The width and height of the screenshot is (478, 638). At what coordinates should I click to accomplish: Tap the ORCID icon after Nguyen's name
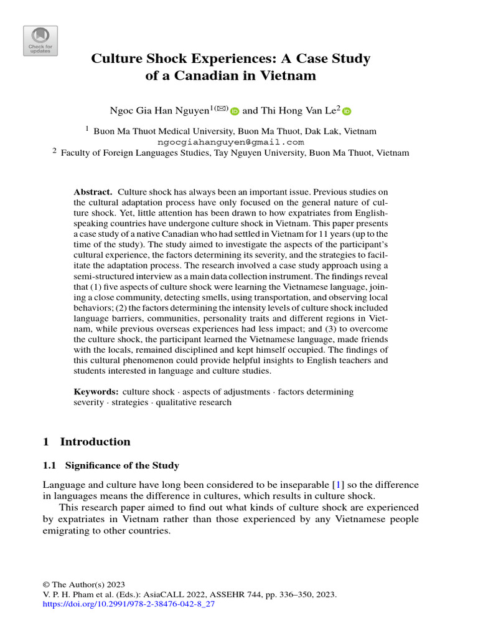[x=235, y=112]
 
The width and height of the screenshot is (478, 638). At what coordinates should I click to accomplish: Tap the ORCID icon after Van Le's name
[x=347, y=112]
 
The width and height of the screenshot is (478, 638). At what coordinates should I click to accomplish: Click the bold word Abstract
[x=93, y=193]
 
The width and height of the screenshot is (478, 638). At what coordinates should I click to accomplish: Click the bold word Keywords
[x=96, y=392]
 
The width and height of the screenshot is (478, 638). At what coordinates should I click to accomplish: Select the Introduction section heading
[x=95, y=442]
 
